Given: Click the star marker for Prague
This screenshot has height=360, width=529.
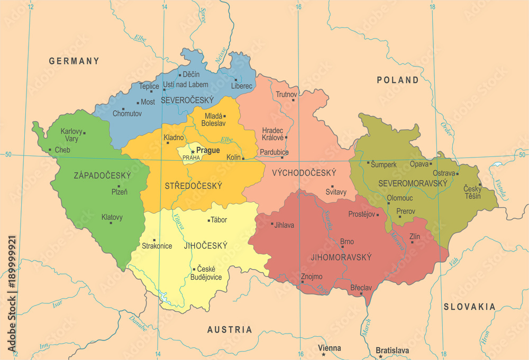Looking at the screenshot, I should pyautogui.click(x=193, y=151).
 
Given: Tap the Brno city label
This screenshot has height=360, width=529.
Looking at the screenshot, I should pyautogui.click(x=347, y=242).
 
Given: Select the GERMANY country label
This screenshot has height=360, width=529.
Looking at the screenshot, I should pyautogui.click(x=74, y=61).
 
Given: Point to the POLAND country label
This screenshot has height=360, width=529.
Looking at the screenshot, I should pyautogui.click(x=397, y=80).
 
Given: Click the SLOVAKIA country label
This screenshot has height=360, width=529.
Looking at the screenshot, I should pyautogui.click(x=469, y=307).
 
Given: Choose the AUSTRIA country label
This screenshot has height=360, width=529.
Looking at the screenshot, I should pyautogui.click(x=230, y=329).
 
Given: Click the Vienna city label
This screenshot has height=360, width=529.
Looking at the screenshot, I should pyautogui.click(x=330, y=348).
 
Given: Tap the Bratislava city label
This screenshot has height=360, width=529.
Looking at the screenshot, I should pyautogui.click(x=392, y=350).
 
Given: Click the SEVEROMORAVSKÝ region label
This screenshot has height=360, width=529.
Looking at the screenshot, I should pyautogui.click(x=413, y=183).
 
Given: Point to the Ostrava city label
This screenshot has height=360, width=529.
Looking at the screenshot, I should pyautogui.click(x=444, y=173).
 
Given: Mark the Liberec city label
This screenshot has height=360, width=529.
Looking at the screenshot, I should pyautogui.click(x=242, y=86).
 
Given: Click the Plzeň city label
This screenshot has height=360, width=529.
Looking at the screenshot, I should pyautogui.click(x=119, y=192).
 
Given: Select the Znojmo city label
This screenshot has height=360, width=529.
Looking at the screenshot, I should pyautogui.click(x=311, y=276).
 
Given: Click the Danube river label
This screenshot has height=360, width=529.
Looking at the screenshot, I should pyautogui.click(x=138, y=324).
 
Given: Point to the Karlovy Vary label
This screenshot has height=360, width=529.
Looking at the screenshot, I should pyautogui.click(x=71, y=135).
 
